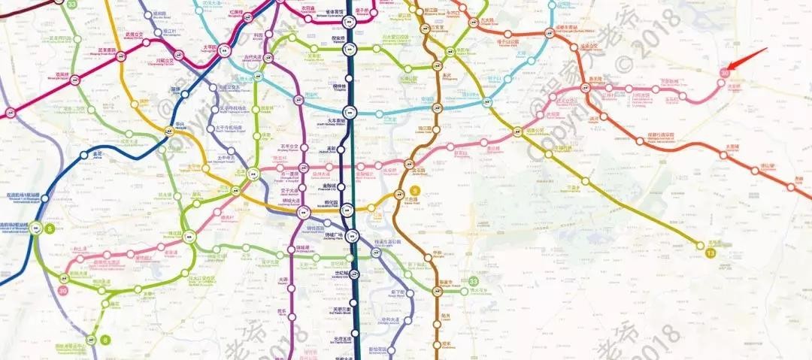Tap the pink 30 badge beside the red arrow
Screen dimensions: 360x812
(724, 73)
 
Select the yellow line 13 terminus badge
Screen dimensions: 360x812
(711, 253)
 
